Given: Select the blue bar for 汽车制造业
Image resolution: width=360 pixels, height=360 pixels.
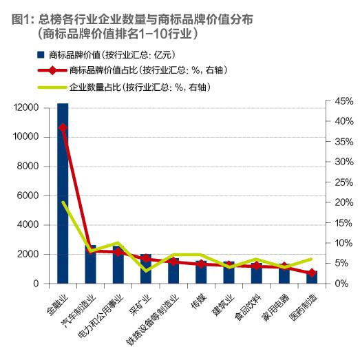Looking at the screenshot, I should point(90,265).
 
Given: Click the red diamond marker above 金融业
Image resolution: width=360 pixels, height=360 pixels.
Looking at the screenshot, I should point(63,127).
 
